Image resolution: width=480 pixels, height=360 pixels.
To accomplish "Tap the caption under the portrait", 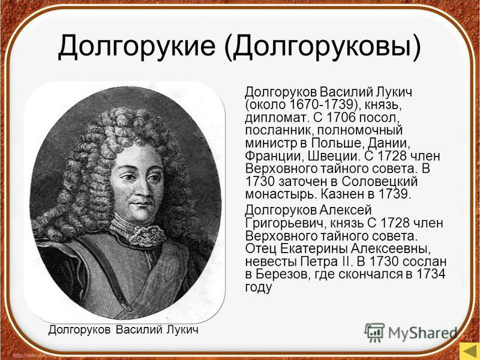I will (x=122, y=330).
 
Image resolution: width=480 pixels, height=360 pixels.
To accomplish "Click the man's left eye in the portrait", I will (x=154, y=178).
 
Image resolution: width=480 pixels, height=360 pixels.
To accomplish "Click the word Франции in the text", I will (x=272, y=155).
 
